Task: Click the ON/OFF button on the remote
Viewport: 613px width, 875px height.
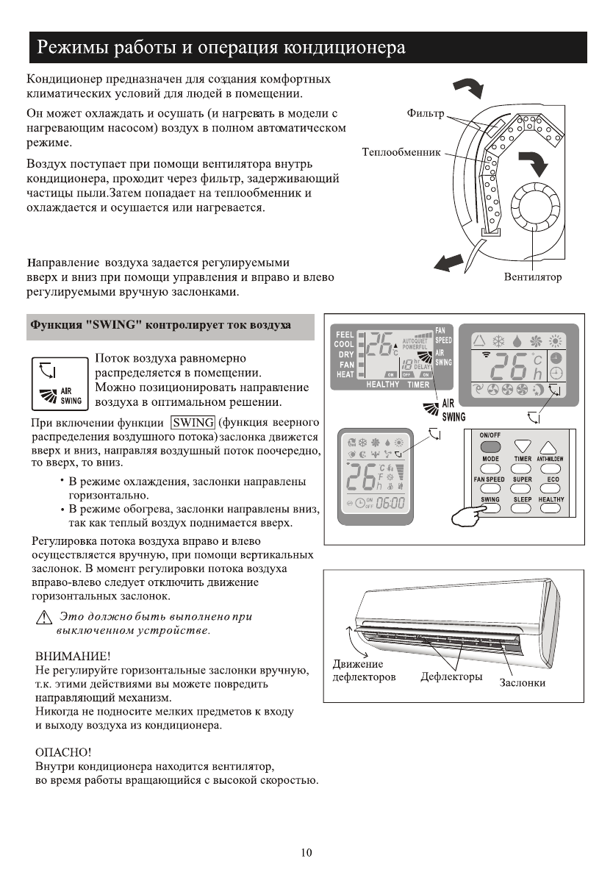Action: [x=490, y=446]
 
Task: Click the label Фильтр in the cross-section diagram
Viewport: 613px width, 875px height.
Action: [x=426, y=114]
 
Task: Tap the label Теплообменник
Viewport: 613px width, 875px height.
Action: [x=401, y=152]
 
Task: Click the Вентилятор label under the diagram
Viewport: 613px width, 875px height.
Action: [x=533, y=277]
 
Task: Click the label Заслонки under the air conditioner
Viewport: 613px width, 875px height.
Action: [x=523, y=682]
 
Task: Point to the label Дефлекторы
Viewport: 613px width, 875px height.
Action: [x=451, y=676]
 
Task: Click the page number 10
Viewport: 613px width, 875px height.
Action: [x=306, y=853]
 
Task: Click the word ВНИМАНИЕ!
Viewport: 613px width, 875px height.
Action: [x=74, y=655]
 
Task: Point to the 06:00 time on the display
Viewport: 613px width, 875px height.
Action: [x=390, y=502]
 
